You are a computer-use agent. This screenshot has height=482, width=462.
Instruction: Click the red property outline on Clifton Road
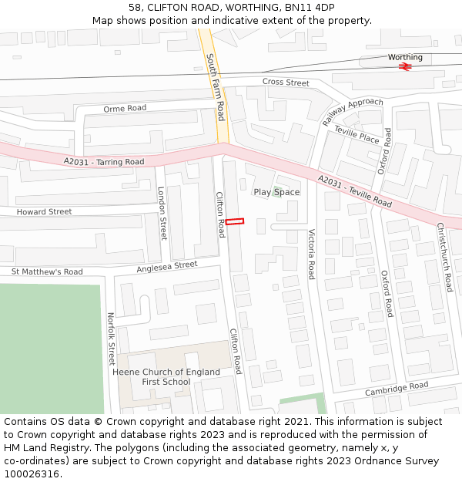pyautogui.click(x=235, y=221)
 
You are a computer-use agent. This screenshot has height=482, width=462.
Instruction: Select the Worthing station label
pyautogui.click(x=405, y=57)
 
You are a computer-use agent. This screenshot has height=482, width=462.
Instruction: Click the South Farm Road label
pyautogui.click(x=216, y=86)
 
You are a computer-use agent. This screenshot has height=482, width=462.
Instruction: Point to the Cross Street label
pyautogui.click(x=286, y=83)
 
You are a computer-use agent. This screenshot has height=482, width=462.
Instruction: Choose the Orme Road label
pyautogui.click(x=125, y=109)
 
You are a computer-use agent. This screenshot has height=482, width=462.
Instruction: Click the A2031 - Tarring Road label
pyautogui.click(x=104, y=161)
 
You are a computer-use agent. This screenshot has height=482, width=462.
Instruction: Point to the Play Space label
pyautogui.click(x=276, y=192)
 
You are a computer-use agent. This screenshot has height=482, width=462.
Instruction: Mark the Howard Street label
pyautogui.click(x=44, y=212)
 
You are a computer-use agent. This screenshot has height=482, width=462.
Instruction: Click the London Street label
pyautogui.click(x=162, y=213)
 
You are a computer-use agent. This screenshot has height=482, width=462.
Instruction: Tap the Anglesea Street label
pyautogui.click(x=167, y=266)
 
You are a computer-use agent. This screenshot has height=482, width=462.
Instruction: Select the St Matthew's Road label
pyautogui.click(x=47, y=271)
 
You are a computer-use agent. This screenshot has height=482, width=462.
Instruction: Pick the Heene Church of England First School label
pyautogui.click(x=166, y=377)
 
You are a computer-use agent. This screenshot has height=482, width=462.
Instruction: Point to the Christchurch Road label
pyautogui.click(x=444, y=257)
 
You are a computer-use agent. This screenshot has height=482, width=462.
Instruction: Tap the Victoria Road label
pyautogui.click(x=311, y=254)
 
